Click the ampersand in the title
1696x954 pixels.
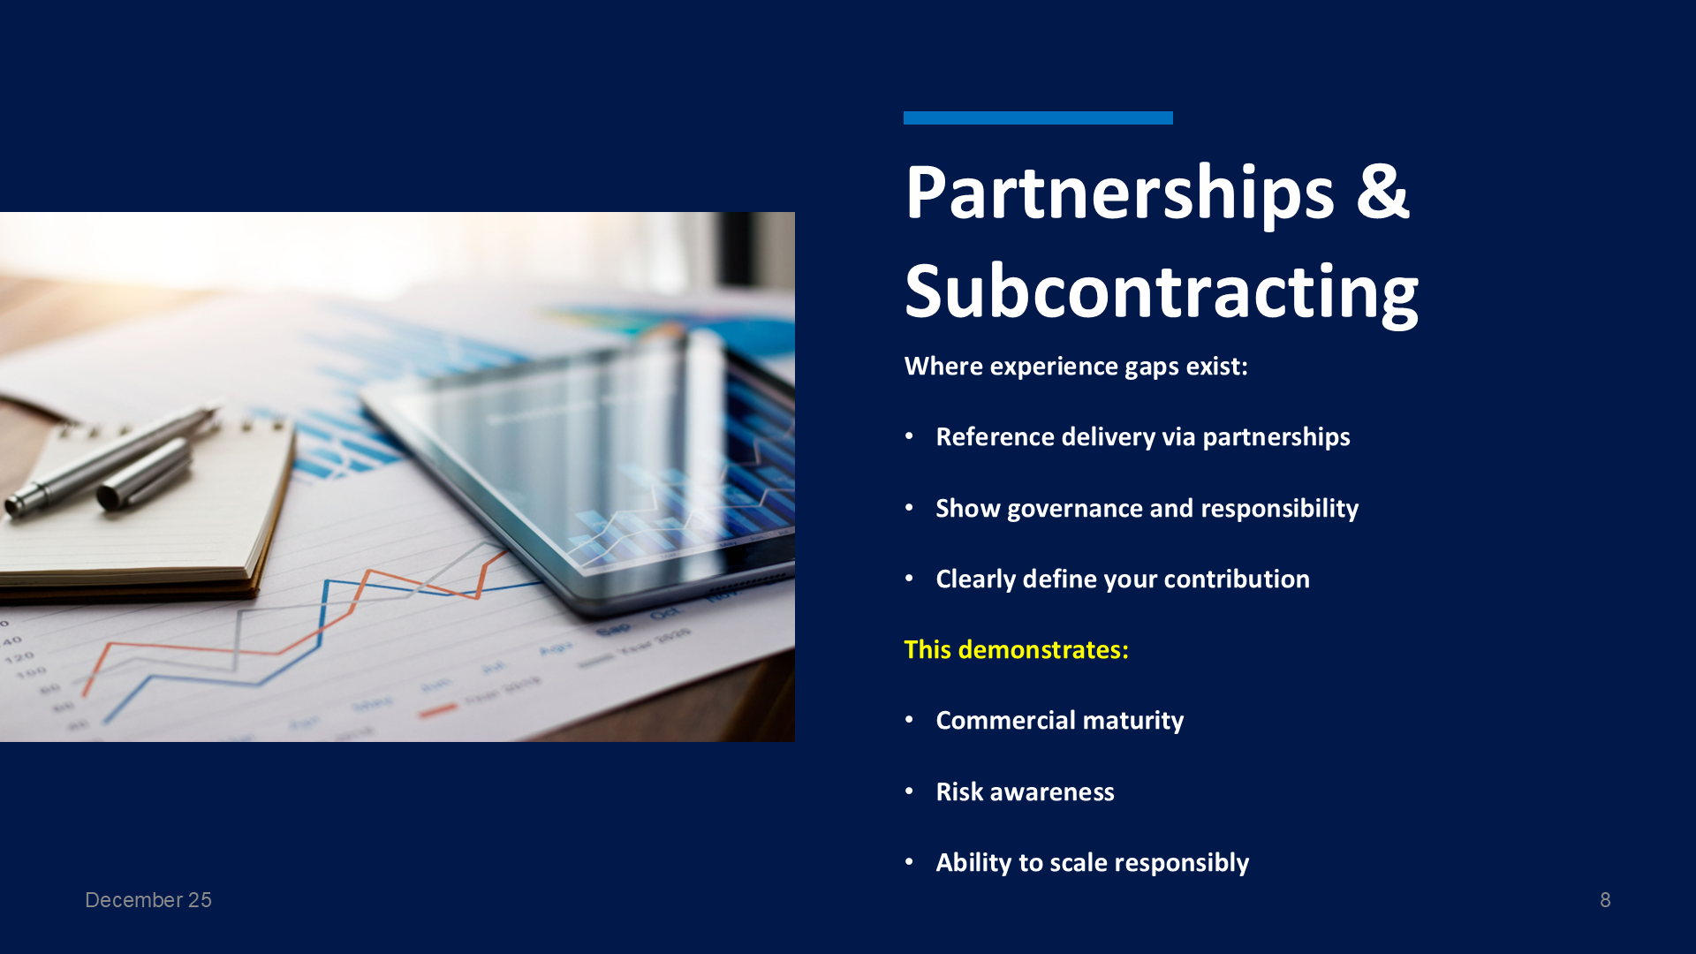[1382, 192]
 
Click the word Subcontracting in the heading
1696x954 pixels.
[1162, 291]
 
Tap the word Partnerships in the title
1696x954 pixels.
[1119, 193]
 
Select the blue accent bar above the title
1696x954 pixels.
[1038, 117]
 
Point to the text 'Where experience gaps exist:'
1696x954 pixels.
[1076, 367]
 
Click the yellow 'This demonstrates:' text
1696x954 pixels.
[1016, 650]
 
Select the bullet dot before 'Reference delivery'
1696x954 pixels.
[909, 436]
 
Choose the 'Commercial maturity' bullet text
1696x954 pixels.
[1060, 721]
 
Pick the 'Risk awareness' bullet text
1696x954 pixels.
[1025, 791]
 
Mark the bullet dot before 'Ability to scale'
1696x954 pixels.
[909, 862]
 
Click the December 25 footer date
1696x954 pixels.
[148, 900]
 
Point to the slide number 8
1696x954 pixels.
[1605, 900]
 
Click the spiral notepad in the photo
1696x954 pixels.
[132, 503]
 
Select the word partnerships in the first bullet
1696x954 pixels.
[1276, 437]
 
